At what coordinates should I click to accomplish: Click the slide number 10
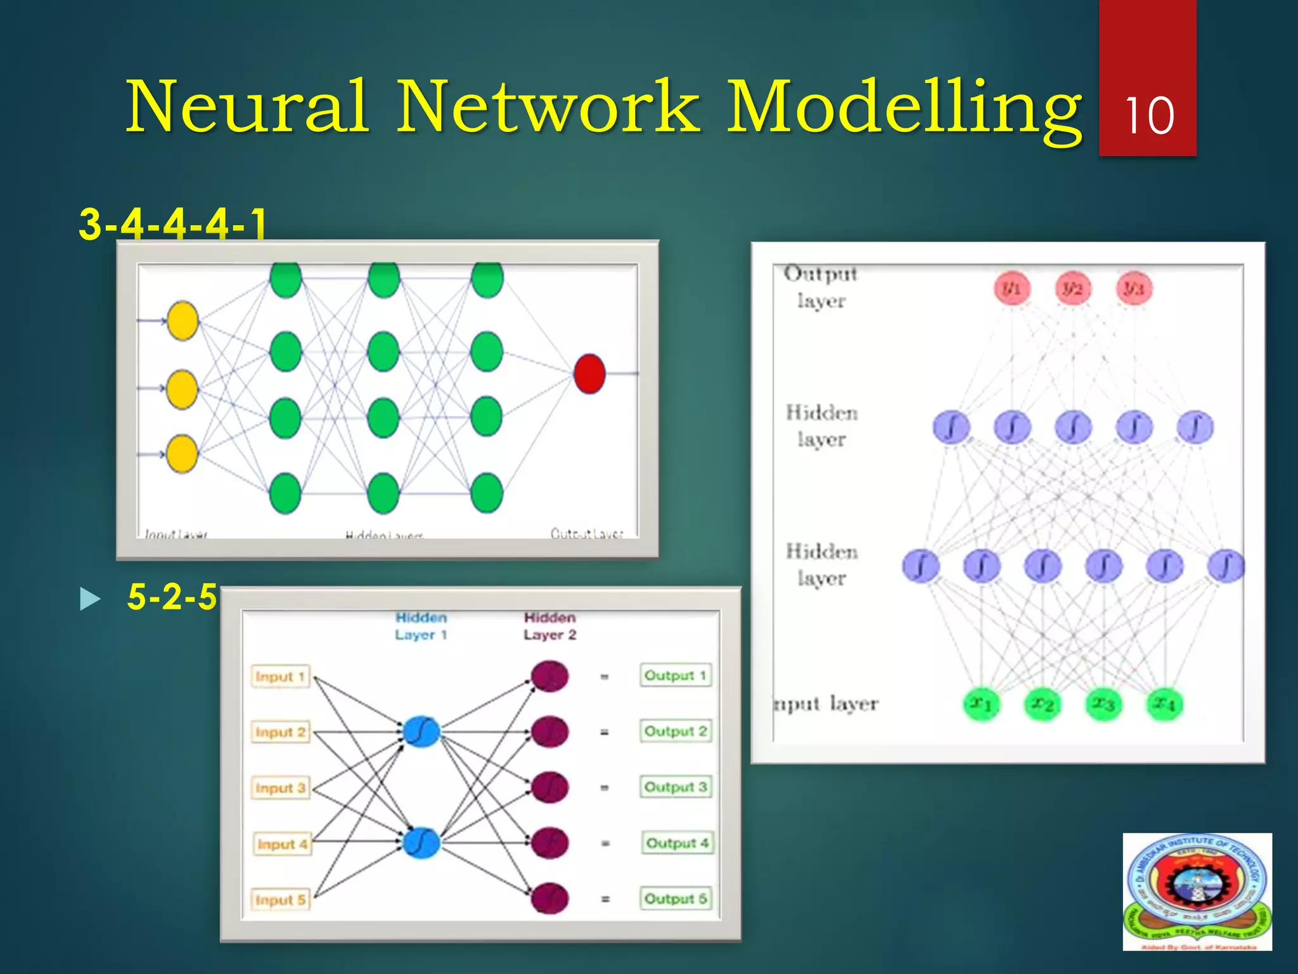coord(1148,116)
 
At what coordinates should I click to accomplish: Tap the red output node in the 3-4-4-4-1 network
coord(589,373)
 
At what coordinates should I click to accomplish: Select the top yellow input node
coord(183,321)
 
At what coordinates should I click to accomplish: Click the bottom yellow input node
coord(182,453)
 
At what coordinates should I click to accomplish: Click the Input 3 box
coord(280,788)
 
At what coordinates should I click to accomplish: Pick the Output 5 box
coord(676,899)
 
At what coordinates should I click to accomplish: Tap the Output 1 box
coord(676,675)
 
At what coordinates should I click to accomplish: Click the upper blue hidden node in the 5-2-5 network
coord(421,732)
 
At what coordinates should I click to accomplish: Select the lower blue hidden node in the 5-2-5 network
coord(421,842)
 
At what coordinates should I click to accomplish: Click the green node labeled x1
coord(981,704)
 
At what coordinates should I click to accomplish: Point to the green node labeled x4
coord(1164,704)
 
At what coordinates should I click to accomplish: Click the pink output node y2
coord(1072,289)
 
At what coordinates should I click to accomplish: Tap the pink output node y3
coord(1133,289)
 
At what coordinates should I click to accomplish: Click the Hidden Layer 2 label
coord(549,626)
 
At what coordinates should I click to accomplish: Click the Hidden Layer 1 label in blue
coord(421,626)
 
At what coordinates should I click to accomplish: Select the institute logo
coord(1197,892)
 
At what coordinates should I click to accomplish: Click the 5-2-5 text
coord(172,597)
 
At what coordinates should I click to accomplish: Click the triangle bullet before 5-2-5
coord(91,599)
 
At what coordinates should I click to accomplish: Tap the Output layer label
coord(821,287)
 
